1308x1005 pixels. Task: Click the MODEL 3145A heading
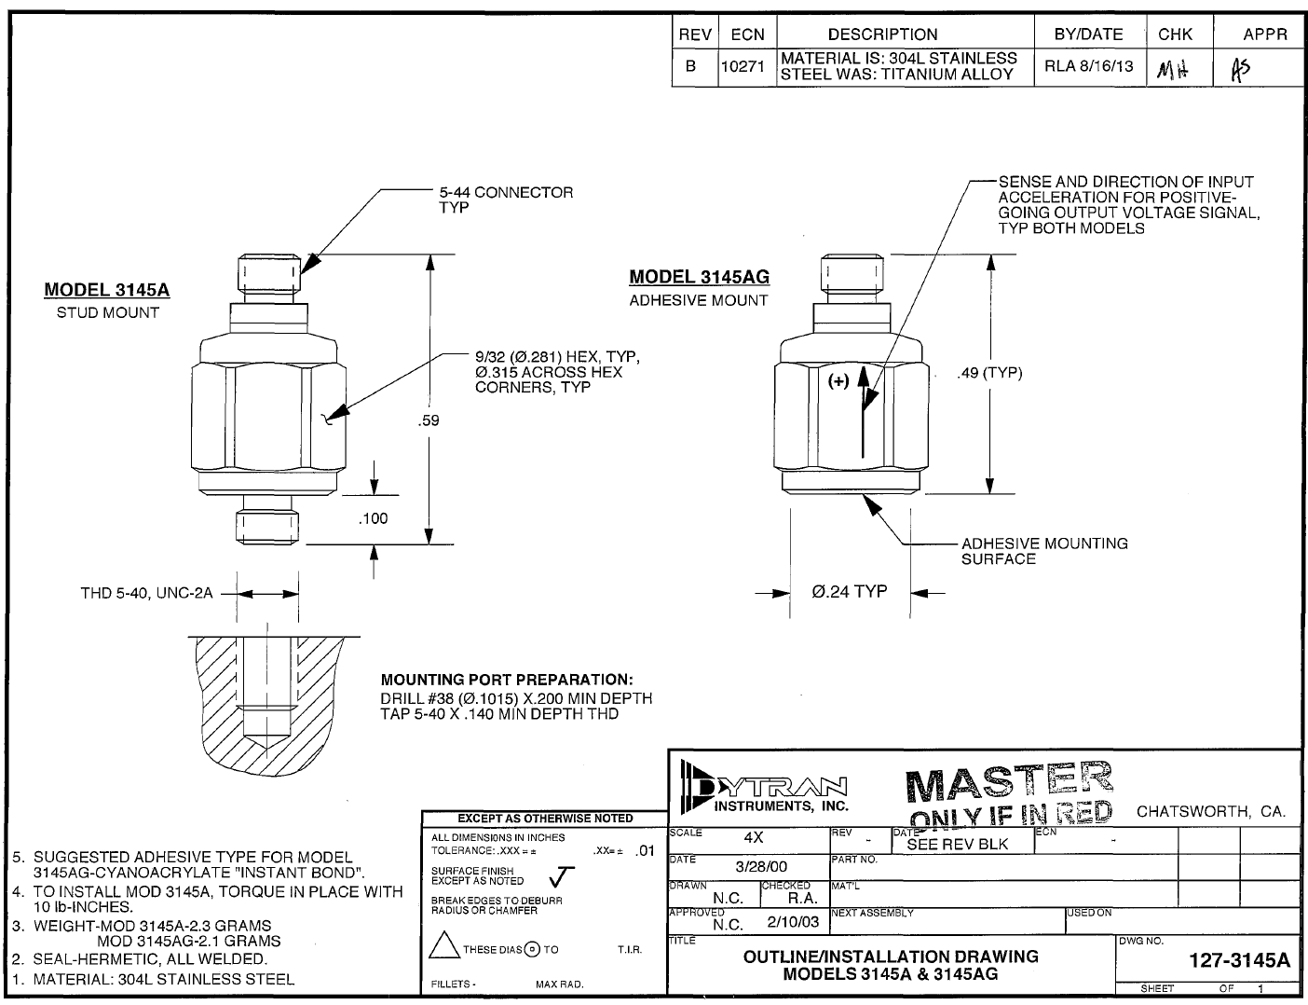(x=107, y=290)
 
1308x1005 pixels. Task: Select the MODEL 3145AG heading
(x=699, y=277)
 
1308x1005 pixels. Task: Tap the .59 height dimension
(x=429, y=420)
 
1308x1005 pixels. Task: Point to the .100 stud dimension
(x=373, y=518)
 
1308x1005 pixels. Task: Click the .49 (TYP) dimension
(x=989, y=374)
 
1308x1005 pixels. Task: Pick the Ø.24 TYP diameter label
(x=849, y=591)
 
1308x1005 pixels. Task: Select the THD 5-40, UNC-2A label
(x=146, y=593)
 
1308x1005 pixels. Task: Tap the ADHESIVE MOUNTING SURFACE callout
(x=1043, y=551)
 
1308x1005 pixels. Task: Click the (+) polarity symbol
(x=839, y=380)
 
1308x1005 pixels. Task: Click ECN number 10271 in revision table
(x=743, y=67)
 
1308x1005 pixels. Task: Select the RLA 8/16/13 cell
(x=1088, y=67)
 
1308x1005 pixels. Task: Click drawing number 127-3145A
(x=1240, y=961)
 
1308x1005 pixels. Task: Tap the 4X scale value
(x=754, y=837)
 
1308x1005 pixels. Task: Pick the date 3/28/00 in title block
(x=761, y=866)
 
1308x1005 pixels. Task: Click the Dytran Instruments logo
(x=764, y=788)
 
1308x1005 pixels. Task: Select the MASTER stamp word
(x=1008, y=783)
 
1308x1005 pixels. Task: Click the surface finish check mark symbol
(x=562, y=875)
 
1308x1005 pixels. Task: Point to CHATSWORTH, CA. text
(x=1210, y=812)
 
